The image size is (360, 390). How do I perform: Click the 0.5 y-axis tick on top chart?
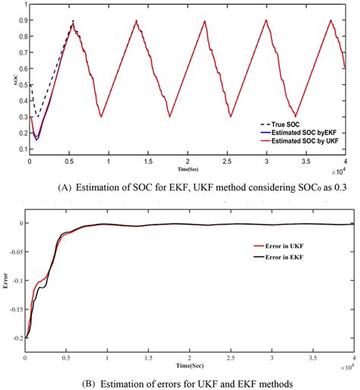(x=21, y=85)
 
